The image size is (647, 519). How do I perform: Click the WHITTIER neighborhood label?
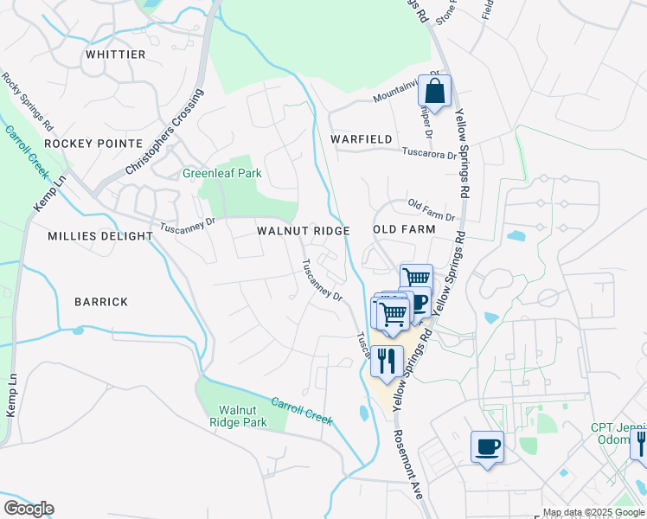(115, 54)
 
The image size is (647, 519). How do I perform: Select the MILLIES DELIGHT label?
(93, 235)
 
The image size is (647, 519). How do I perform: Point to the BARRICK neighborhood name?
(101, 302)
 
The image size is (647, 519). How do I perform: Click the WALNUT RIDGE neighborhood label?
(303, 231)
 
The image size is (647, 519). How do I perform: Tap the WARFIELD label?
(362, 139)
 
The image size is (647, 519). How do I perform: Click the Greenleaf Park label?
(221, 173)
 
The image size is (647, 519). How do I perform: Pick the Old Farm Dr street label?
(431, 209)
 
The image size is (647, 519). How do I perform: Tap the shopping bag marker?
(435, 91)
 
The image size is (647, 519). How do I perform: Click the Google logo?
(29, 509)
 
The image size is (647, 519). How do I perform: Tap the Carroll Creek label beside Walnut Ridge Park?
(302, 410)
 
